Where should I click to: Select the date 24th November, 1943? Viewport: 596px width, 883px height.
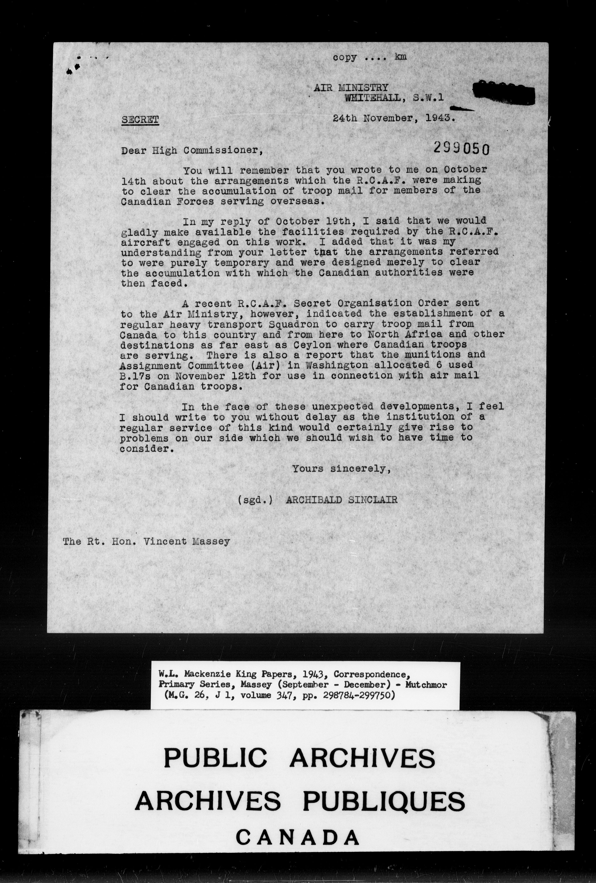pyautogui.click(x=394, y=118)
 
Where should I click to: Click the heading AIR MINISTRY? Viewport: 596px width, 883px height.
pyautogui.click(x=351, y=88)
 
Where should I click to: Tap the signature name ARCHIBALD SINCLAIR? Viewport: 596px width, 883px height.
pyautogui.click(x=341, y=500)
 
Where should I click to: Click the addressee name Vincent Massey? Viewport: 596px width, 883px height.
pyautogui.click(x=187, y=542)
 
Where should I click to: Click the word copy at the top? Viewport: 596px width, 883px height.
pyautogui.click(x=345, y=57)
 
